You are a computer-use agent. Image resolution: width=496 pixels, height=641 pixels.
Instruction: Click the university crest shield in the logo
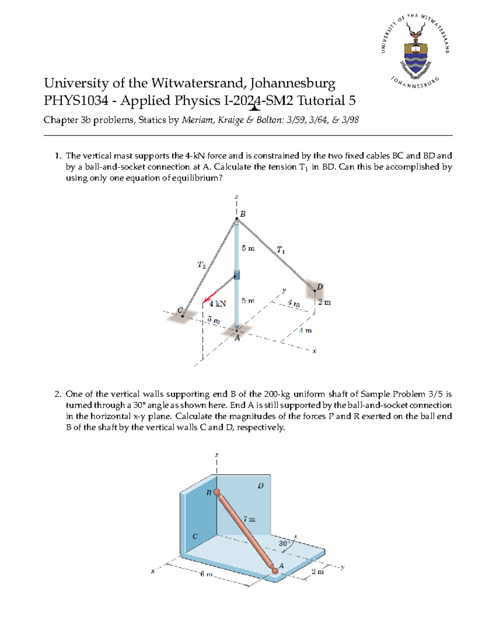(415, 58)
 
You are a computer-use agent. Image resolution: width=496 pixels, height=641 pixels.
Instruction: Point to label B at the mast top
(243, 214)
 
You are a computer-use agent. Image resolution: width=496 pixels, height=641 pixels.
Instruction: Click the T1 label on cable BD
(281, 250)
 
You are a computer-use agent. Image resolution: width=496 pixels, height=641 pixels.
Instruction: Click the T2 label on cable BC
(201, 265)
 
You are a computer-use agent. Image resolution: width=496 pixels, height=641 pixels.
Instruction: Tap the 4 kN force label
(217, 304)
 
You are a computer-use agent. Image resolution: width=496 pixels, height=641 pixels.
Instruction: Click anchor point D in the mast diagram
(315, 291)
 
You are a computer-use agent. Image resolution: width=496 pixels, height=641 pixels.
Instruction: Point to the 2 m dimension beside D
(324, 303)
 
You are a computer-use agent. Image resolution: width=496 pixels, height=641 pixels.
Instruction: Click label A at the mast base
(237, 338)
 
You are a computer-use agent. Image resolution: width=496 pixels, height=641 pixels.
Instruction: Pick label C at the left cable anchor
(180, 310)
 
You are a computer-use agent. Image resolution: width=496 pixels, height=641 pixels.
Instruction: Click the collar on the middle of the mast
(237, 274)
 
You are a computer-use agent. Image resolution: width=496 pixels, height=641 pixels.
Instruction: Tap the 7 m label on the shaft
(249, 519)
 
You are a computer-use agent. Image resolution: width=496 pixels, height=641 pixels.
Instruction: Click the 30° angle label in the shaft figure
(284, 544)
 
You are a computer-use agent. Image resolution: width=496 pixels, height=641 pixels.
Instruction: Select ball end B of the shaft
(217, 492)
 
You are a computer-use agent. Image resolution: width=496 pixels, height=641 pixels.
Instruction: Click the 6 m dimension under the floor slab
(206, 574)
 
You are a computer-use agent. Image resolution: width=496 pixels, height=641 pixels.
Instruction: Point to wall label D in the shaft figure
(260, 486)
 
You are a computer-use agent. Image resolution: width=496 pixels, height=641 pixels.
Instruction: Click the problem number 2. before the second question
(58, 394)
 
